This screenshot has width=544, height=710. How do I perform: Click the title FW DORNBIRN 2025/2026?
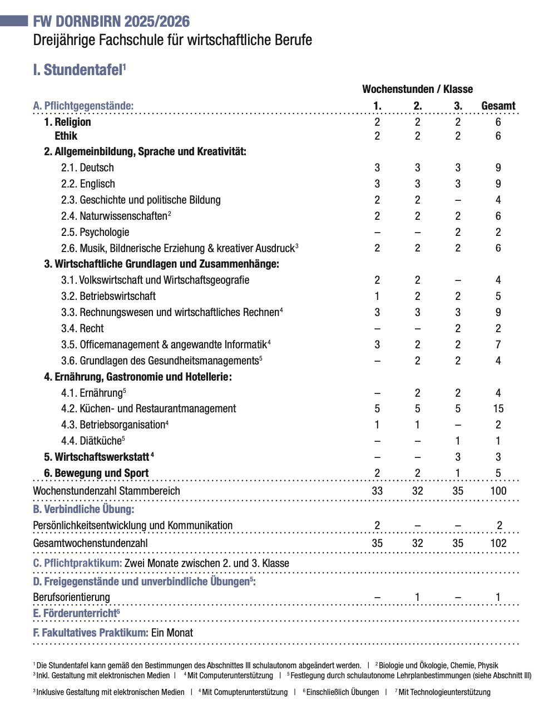(x=111, y=22)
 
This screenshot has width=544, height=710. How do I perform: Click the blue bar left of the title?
(x=14, y=21)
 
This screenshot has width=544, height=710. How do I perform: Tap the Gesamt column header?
(x=498, y=106)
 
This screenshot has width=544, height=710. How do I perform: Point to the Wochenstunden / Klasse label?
(x=417, y=89)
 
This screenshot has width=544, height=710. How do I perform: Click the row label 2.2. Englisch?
(x=88, y=184)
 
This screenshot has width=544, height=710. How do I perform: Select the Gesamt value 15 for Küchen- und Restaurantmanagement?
(x=498, y=408)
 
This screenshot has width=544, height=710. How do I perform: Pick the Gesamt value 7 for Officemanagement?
(x=498, y=344)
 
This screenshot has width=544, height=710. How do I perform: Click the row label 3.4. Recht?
(x=82, y=328)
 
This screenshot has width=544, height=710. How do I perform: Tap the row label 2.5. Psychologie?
(x=95, y=232)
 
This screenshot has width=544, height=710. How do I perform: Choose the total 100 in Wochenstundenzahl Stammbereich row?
(x=498, y=491)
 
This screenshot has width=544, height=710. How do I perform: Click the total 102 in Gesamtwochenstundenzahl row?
(x=498, y=543)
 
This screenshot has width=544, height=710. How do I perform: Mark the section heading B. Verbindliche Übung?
(x=83, y=509)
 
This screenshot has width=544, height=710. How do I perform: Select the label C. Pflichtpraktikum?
(x=77, y=563)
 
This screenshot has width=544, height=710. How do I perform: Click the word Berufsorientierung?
(x=71, y=597)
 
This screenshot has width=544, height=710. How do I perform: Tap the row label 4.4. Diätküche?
(x=92, y=441)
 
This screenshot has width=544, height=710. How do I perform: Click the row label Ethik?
(x=66, y=136)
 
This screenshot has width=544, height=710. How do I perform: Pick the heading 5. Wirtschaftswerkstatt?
(x=96, y=457)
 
